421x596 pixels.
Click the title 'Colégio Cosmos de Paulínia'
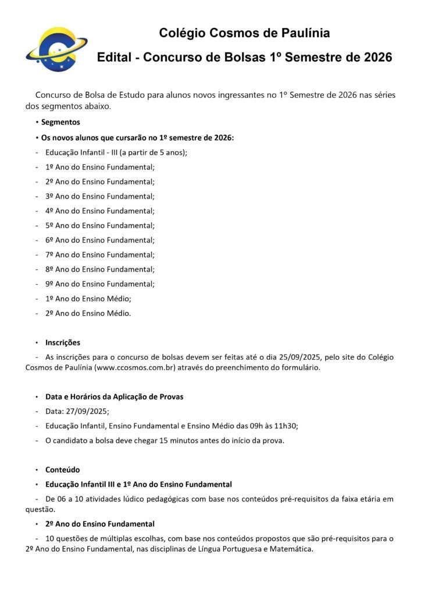[244, 33]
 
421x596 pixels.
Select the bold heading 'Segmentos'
[60, 122]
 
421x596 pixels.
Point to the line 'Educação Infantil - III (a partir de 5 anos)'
[116, 152]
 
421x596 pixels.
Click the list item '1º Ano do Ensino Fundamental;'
[100, 167]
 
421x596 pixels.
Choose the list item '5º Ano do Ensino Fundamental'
[100, 225]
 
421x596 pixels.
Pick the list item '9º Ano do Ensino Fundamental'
[100, 284]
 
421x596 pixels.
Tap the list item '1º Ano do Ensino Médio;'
[88, 299]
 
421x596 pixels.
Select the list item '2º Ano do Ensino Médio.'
[88, 313]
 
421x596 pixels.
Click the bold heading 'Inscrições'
[63, 342]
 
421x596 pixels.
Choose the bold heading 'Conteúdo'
[63, 469]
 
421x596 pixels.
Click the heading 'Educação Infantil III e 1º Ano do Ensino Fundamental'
[138, 484]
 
